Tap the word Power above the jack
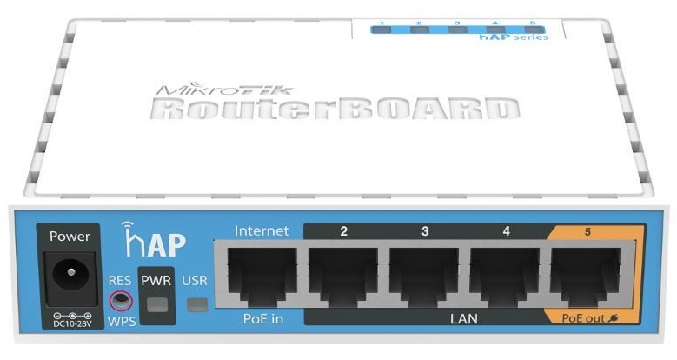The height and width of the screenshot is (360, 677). click(70, 237)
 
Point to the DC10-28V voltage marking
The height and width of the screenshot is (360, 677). click(72, 323)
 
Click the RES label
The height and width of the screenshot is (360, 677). click(120, 281)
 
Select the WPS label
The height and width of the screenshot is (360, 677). click(122, 321)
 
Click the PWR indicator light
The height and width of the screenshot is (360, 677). click(156, 304)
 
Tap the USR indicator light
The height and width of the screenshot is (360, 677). click(197, 305)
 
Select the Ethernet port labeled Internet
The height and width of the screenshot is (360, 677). click(262, 275)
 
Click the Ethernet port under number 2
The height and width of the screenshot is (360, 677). click(343, 275)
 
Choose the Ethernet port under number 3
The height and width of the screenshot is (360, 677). click(424, 275)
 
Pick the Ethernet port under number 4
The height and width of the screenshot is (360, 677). click(505, 275)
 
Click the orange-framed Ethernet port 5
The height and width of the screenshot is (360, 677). click(586, 275)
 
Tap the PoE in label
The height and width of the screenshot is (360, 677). click(263, 319)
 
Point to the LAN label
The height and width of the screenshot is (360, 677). click(464, 319)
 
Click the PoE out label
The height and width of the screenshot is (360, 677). click(590, 318)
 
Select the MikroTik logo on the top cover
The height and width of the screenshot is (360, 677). click(223, 89)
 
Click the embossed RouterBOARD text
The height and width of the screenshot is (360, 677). click(335, 108)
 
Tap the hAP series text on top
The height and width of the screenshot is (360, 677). click(514, 37)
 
